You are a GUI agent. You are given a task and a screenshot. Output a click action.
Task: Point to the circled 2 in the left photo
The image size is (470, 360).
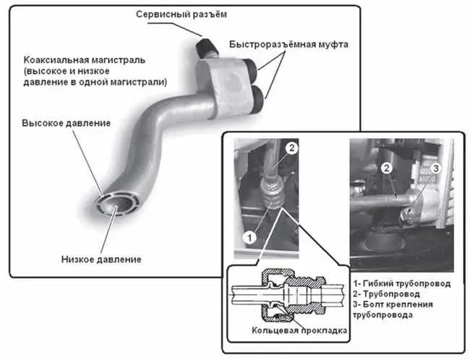pyautogui.click(x=291, y=148)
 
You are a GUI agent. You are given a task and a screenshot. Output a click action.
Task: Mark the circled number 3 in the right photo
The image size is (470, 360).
pyautogui.click(x=436, y=170)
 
